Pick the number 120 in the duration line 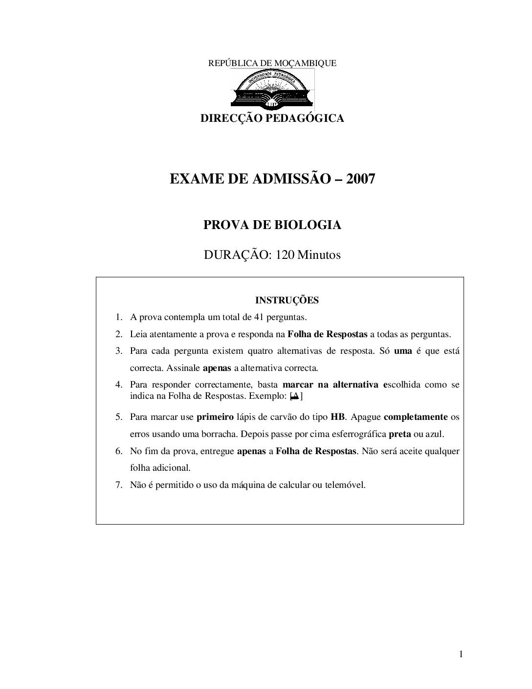[285, 255]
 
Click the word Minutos [319, 255]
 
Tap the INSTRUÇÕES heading [287, 300]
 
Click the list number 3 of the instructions [118, 351]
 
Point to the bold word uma [403, 351]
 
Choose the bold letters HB [338, 417]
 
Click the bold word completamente [416, 417]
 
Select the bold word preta [399, 434]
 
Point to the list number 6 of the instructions [118, 451]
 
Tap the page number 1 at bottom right [461, 654]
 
